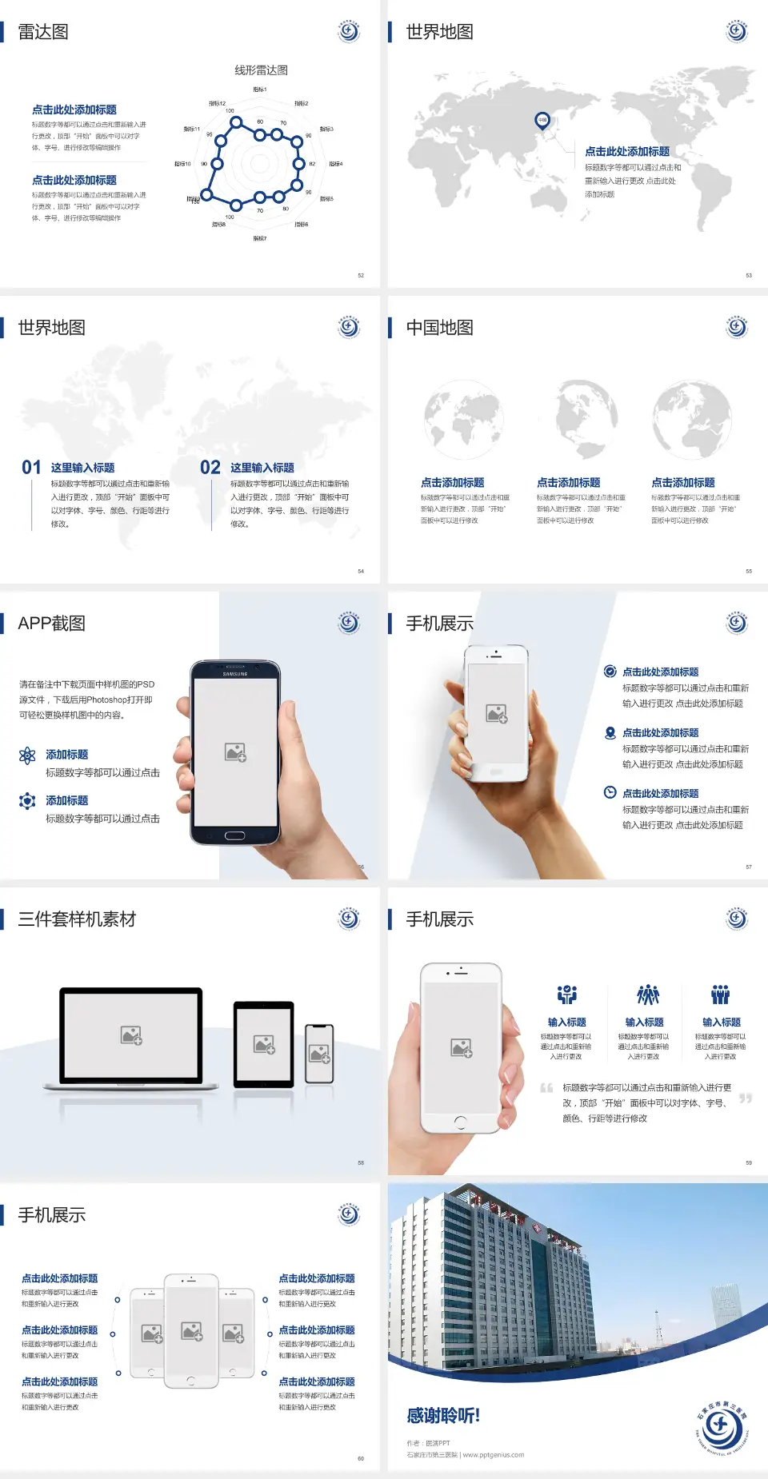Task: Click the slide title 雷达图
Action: pyautogui.click(x=43, y=32)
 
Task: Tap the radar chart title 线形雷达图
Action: pyautogui.click(x=261, y=70)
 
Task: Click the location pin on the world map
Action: pyautogui.click(x=542, y=120)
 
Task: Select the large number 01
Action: pyautogui.click(x=31, y=468)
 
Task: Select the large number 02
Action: pyautogui.click(x=210, y=468)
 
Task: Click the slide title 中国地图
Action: pyautogui.click(x=439, y=328)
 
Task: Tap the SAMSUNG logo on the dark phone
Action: pyautogui.click(x=235, y=674)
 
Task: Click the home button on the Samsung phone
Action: pyautogui.click(x=234, y=835)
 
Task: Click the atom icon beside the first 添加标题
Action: pyautogui.click(x=27, y=755)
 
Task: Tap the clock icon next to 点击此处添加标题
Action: pyautogui.click(x=610, y=792)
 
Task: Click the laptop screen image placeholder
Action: pyautogui.click(x=131, y=1035)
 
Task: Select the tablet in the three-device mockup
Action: pyautogui.click(x=264, y=1043)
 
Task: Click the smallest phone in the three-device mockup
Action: pyautogui.click(x=319, y=1054)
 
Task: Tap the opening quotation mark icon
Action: pyautogui.click(x=546, y=1088)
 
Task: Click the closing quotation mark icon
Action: pyautogui.click(x=746, y=1098)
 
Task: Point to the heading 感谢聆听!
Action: pyautogui.click(x=443, y=1416)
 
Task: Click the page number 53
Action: pyautogui.click(x=749, y=275)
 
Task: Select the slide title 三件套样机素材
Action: pyautogui.click(x=77, y=919)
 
